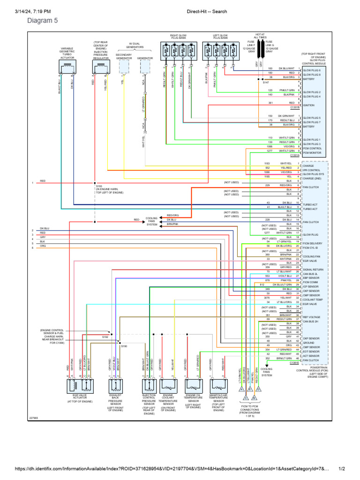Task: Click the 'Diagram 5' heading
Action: [43, 21]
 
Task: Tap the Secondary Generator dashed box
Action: [124, 67]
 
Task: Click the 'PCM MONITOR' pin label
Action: [312, 152]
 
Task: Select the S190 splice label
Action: [124, 346]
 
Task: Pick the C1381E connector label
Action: [294, 362]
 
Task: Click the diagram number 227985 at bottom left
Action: [34, 418]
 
